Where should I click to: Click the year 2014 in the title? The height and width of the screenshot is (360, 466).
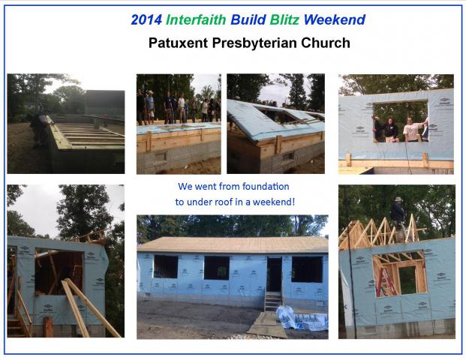click(x=146, y=20)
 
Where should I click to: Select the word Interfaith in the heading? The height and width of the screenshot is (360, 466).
click(x=196, y=20)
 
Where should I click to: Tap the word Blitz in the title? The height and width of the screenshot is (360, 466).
click(x=284, y=20)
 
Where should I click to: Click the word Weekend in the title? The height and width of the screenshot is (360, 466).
click(x=335, y=20)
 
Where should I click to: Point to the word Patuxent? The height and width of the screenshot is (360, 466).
click(x=178, y=43)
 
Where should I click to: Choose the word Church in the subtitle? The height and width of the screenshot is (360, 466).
click(x=326, y=43)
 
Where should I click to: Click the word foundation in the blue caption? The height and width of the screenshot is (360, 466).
click(x=266, y=187)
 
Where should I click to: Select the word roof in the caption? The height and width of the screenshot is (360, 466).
click(x=225, y=202)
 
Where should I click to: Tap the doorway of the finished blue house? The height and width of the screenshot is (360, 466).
click(x=274, y=274)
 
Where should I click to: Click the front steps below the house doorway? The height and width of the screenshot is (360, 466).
click(x=273, y=301)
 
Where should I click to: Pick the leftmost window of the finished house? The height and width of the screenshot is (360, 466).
click(x=166, y=266)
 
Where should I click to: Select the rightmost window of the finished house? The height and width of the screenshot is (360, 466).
click(x=307, y=269)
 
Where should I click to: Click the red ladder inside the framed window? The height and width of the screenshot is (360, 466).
click(x=386, y=281)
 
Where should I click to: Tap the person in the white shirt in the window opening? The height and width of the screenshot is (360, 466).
click(x=412, y=129)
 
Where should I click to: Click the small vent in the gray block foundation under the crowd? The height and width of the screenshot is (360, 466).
click(x=160, y=157)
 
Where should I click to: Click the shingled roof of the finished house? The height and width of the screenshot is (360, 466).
click(x=233, y=244)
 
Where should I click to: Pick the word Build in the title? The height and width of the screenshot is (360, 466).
click(x=248, y=20)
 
